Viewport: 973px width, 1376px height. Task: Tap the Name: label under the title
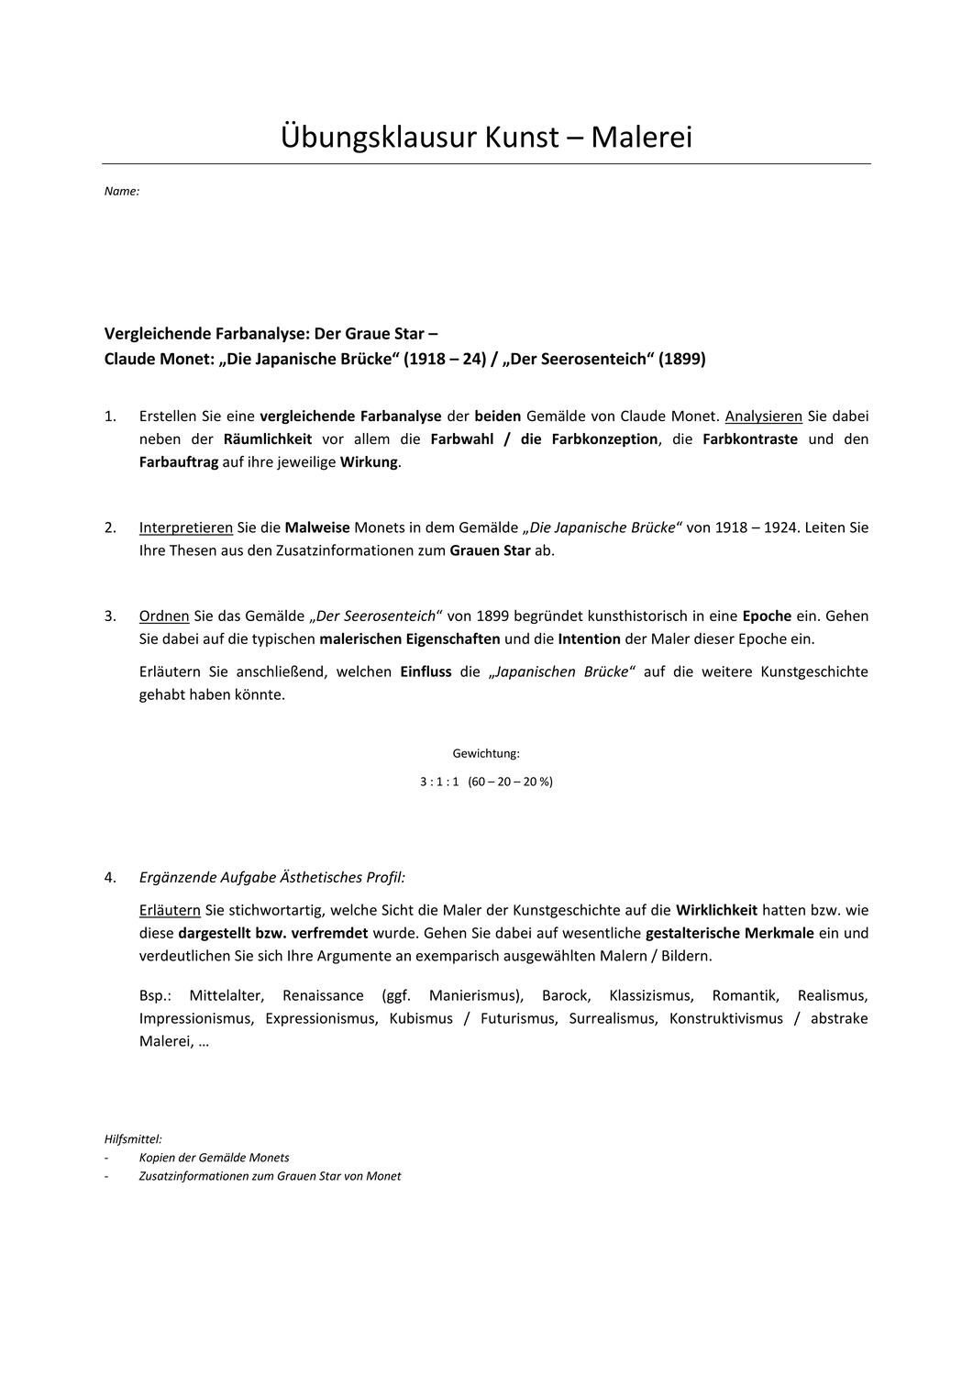coord(122,192)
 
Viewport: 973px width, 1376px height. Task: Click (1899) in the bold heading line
coord(682,359)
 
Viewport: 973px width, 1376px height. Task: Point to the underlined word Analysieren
coord(763,416)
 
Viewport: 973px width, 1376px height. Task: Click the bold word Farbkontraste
coord(750,438)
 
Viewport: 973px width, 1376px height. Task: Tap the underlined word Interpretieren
coord(186,527)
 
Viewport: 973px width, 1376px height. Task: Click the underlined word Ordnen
coord(164,616)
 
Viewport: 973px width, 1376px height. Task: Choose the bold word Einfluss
coord(426,671)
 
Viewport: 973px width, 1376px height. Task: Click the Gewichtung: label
coord(486,754)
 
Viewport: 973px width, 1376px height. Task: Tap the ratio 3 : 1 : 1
coord(438,782)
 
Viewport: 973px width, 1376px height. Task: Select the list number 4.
coord(110,877)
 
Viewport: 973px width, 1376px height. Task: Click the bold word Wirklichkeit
coord(716,910)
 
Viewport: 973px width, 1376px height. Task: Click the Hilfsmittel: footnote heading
coord(133,1138)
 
